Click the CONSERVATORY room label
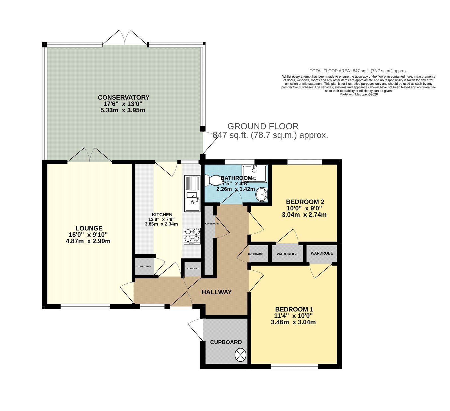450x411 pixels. pyautogui.click(x=123, y=97)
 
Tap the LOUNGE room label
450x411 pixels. pyautogui.click(x=89, y=228)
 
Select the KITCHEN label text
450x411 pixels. pyautogui.click(x=162, y=215)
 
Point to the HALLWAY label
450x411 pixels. pyautogui.click(x=217, y=292)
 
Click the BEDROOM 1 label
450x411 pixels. pyautogui.click(x=294, y=309)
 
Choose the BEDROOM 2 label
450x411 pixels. pyautogui.click(x=305, y=202)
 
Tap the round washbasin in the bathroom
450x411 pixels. pyautogui.click(x=262, y=194)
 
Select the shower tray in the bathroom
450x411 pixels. pyautogui.click(x=254, y=174)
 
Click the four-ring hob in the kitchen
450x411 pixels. pyautogui.click(x=192, y=236)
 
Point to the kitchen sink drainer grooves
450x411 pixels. pyautogui.click(x=192, y=183)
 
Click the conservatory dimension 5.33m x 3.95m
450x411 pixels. pyautogui.click(x=123, y=110)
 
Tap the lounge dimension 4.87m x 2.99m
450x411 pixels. pyautogui.click(x=88, y=241)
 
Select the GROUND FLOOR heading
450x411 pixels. pyautogui.click(x=263, y=126)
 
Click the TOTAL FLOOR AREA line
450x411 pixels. pyautogui.click(x=359, y=71)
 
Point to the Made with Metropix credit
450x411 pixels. pyautogui.click(x=359, y=95)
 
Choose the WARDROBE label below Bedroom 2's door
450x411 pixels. pyautogui.click(x=287, y=254)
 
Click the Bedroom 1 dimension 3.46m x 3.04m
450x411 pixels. pyautogui.click(x=293, y=322)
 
